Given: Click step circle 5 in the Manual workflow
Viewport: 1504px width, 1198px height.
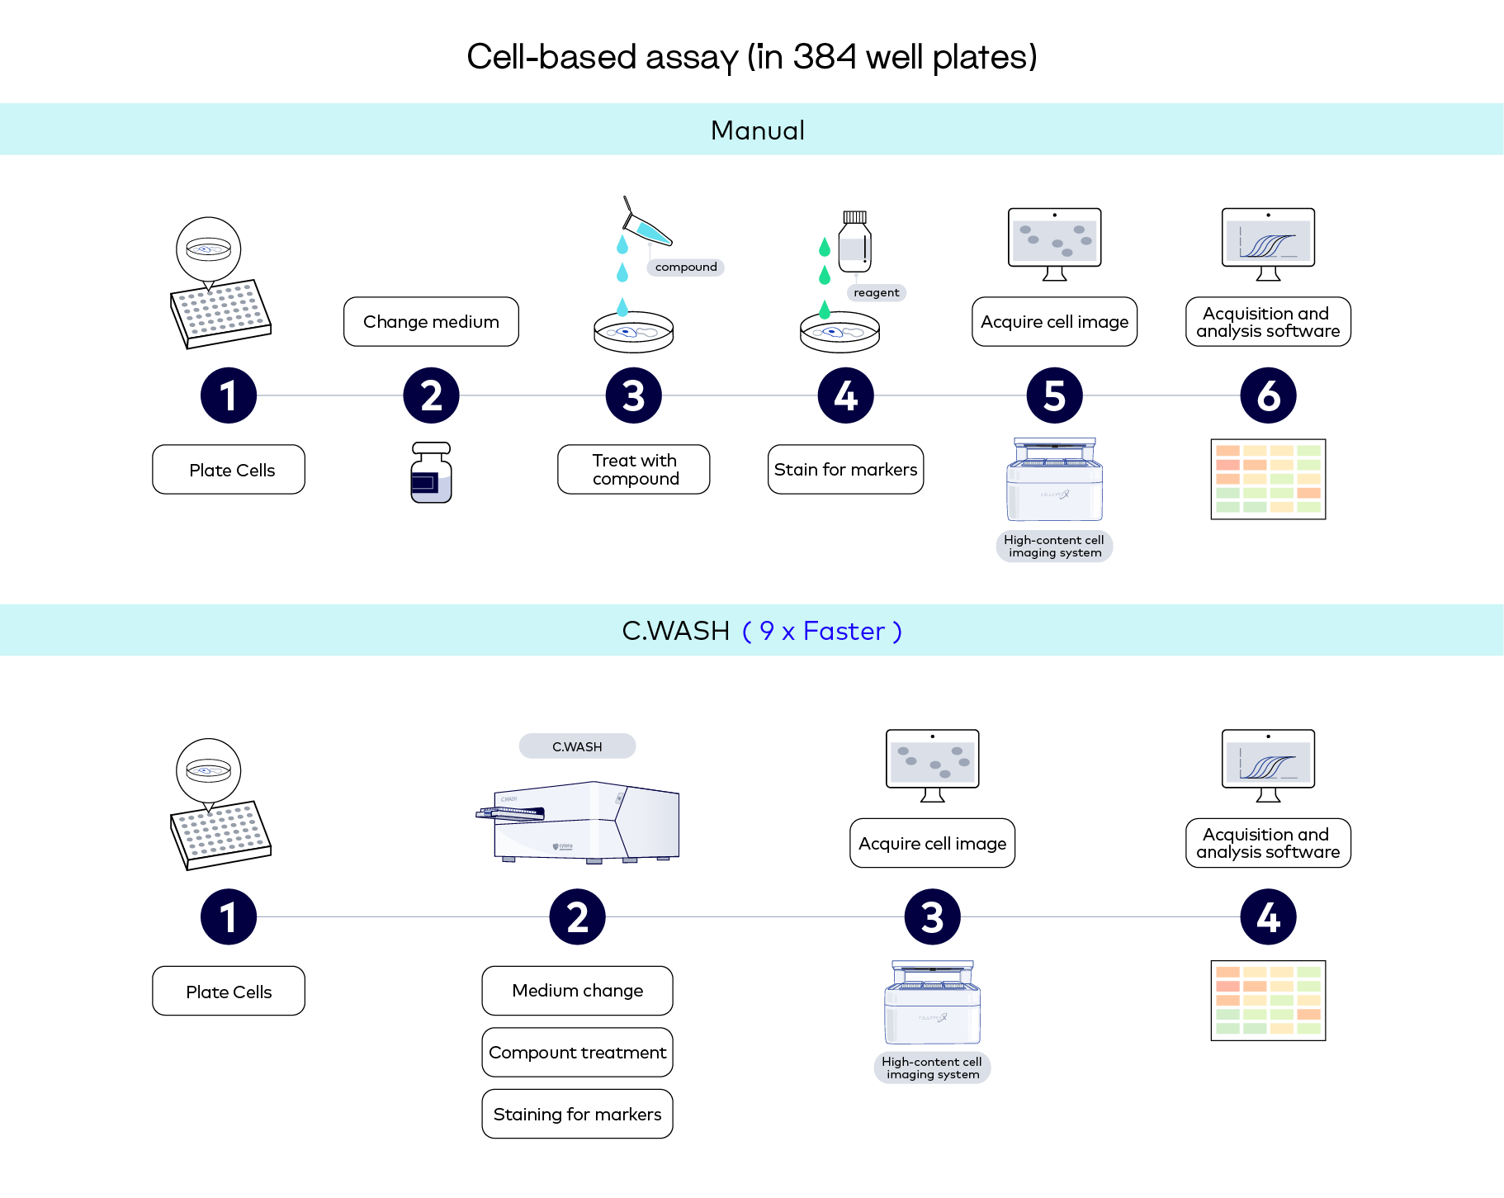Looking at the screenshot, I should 1054,395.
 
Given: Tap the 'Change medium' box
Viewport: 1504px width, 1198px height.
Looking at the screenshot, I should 431,322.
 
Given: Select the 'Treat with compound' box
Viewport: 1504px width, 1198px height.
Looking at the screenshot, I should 634,470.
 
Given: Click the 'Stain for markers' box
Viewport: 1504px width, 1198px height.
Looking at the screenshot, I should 845,470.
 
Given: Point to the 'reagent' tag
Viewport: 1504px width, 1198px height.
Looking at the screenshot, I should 876,292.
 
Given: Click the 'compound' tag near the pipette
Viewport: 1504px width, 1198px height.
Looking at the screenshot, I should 685,267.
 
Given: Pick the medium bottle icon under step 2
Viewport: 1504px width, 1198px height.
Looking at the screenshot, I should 431,473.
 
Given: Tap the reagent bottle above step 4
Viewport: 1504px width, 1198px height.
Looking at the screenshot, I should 854,242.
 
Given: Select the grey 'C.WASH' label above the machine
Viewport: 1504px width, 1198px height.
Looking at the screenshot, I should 577,746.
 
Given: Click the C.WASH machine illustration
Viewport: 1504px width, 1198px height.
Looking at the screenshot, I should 582,822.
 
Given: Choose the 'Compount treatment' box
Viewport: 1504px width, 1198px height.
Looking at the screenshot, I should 577,1053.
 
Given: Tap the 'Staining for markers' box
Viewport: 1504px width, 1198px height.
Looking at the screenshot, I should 577,1115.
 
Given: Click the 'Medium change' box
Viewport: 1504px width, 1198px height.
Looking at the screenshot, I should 577,991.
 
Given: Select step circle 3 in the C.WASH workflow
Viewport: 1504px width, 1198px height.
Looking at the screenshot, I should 932,917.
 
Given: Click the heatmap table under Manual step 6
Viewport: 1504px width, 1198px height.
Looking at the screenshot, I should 1268,479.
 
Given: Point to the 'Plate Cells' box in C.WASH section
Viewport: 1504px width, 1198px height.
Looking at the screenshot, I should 229,992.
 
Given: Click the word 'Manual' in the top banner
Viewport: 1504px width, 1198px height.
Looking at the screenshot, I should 757,130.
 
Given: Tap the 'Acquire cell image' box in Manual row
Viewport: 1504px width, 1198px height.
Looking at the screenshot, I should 1054,322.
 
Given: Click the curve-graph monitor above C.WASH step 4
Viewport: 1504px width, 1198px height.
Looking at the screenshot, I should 1268,764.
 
